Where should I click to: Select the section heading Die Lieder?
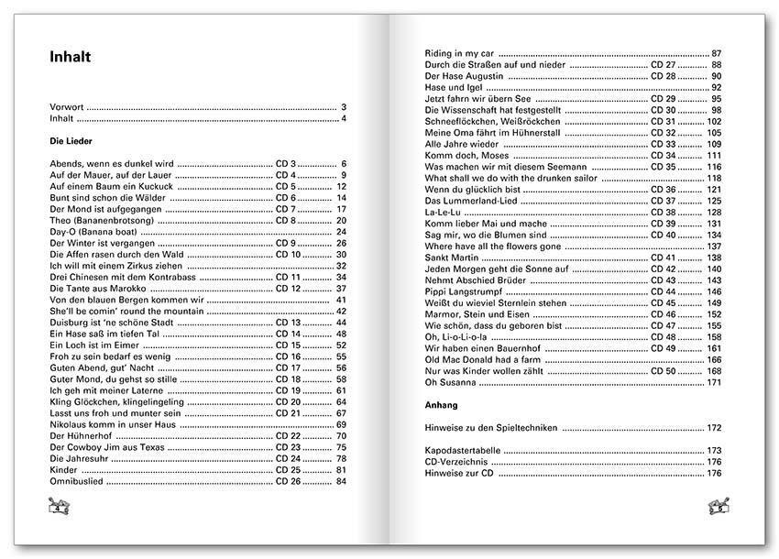72,142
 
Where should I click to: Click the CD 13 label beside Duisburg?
288,323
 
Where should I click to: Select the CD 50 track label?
663,370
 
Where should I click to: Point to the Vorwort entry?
68,107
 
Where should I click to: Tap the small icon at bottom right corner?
718,505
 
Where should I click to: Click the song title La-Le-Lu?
444,213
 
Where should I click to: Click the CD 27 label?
663,66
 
